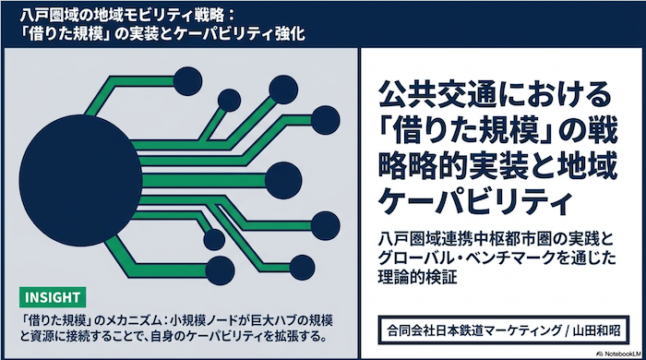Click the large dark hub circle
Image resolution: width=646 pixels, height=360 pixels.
coord(81,180)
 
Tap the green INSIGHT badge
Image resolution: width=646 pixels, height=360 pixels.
coord(53,297)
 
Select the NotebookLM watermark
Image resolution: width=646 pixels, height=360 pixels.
coord(619,354)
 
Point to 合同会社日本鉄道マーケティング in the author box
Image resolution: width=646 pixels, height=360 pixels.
coord(474,330)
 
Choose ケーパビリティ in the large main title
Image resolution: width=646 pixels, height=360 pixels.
coord(475,201)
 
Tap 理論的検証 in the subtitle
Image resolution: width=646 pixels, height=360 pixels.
coord(418,277)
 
